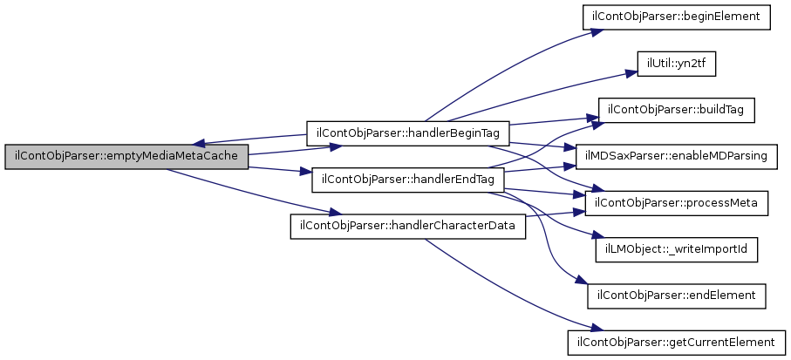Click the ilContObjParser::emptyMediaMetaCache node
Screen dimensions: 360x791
[x=127, y=157]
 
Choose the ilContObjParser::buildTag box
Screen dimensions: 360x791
[x=676, y=110]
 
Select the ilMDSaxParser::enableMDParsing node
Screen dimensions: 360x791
[x=676, y=156]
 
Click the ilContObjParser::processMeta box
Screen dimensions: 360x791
[x=676, y=203]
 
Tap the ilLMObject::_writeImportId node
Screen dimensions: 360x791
[x=676, y=249]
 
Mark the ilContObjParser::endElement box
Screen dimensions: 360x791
[x=676, y=295]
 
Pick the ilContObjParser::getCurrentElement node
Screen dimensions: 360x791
[x=676, y=342]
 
